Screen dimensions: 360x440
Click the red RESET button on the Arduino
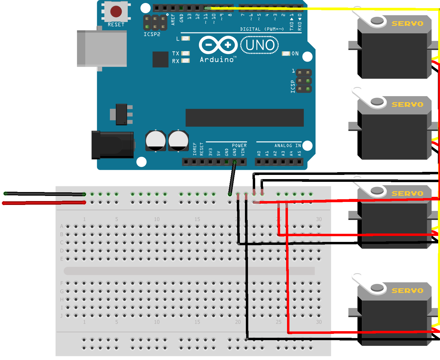pos(116,12)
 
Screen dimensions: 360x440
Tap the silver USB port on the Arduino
pos(102,48)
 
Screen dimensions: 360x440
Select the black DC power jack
pos(113,145)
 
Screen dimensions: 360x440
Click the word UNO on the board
pos(260,45)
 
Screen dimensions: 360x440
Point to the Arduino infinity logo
pos(218,45)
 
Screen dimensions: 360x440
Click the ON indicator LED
pos(286,53)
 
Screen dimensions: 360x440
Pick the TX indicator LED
pos(185,53)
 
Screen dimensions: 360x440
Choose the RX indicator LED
pos(185,61)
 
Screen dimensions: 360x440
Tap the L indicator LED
pos(186,38)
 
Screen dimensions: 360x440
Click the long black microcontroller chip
pos(245,118)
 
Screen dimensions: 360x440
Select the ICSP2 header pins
pos(155,23)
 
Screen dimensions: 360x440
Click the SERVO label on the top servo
pos(407,23)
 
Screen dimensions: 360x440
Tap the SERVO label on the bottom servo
pos(407,291)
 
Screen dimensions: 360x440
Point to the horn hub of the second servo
pos(377,101)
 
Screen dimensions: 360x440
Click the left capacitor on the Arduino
pos(156,141)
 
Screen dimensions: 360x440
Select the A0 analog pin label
pos(259,153)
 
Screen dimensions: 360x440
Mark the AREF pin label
pos(173,19)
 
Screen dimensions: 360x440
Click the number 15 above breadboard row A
pos(197,219)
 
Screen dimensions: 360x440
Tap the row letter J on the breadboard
pos(62,316)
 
